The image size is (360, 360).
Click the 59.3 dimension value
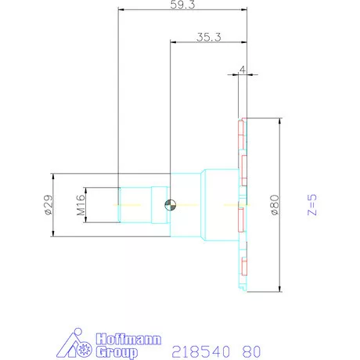click(x=182, y=5)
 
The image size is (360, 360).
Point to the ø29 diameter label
click(x=47, y=205)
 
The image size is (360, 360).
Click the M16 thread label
click(x=80, y=206)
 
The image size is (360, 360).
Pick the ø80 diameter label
click(x=274, y=205)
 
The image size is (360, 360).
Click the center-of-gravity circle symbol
click(x=170, y=206)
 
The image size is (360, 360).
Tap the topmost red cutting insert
click(x=242, y=125)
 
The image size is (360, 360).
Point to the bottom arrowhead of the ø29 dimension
click(x=53, y=234)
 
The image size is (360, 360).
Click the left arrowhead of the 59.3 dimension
click(x=121, y=10)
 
